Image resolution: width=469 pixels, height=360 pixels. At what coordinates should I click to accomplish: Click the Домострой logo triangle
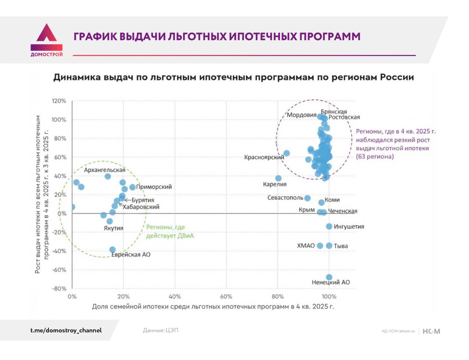point(47,34)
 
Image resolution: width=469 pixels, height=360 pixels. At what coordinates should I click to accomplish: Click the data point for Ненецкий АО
point(329,277)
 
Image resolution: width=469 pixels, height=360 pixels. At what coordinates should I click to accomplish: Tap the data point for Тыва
point(329,246)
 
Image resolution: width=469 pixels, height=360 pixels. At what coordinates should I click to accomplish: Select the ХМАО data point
point(320,246)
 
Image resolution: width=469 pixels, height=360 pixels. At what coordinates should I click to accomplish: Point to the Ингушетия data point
point(329,226)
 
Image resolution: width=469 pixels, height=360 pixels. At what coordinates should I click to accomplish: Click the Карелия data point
point(278,178)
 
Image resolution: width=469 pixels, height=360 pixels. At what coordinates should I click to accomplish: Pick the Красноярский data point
point(287,153)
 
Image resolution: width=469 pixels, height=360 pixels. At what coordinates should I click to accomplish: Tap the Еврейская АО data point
point(112,250)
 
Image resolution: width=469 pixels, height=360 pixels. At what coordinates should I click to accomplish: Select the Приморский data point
point(132,187)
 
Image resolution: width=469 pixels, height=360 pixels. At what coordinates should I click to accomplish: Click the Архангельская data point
point(108,176)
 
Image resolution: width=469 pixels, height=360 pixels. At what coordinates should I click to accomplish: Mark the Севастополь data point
point(307,198)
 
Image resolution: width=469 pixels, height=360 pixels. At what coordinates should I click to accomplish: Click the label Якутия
point(114,228)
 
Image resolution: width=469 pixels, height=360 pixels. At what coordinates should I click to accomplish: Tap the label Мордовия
point(302,115)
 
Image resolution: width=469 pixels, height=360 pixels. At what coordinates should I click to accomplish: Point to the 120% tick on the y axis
point(59,101)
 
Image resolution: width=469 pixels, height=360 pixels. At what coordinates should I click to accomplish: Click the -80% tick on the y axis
point(59,289)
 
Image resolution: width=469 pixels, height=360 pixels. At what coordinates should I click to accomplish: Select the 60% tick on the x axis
point(226,297)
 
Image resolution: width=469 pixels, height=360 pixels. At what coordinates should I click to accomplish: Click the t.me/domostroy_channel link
point(66,330)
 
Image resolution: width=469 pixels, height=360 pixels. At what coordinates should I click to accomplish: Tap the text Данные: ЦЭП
point(160,330)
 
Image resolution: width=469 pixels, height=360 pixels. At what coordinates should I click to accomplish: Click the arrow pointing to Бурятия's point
point(128,200)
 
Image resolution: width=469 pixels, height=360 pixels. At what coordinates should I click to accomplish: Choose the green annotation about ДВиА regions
point(170,231)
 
